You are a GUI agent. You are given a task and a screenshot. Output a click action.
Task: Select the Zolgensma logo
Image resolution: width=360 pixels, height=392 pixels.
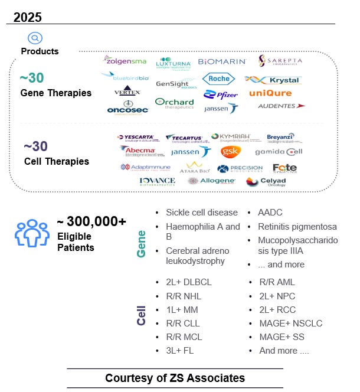tap(125, 60)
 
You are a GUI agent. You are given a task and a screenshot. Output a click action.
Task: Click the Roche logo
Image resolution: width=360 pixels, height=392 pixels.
tap(218, 79)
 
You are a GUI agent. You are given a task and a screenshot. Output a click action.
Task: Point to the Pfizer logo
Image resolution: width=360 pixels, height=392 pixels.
tap(221, 94)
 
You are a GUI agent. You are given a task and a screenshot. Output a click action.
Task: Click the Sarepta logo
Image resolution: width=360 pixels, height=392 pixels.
tap(280, 61)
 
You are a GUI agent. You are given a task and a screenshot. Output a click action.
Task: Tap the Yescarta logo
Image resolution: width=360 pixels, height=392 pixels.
tap(138, 138)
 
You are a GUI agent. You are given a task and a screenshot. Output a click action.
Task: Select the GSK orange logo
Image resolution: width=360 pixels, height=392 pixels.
tap(230, 152)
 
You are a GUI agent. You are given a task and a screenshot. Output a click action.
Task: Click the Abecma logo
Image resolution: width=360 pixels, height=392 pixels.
tap(138, 151)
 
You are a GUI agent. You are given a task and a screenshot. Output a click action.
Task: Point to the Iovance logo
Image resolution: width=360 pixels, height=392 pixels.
tap(157, 181)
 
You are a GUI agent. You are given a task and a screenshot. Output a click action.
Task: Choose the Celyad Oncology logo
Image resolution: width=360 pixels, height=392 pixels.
tap(266, 182)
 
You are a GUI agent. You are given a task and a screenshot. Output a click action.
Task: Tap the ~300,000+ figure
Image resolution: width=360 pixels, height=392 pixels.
tap(91, 221)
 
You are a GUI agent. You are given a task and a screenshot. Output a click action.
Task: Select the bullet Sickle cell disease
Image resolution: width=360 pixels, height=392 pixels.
tap(201, 213)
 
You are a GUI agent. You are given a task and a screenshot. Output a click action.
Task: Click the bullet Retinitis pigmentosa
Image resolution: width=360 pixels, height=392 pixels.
tap(297, 227)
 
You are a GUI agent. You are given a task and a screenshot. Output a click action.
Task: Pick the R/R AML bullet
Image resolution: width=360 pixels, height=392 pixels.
tap(277, 282)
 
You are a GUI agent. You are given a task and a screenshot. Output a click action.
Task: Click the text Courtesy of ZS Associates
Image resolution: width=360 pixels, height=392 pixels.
tap(175, 378)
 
